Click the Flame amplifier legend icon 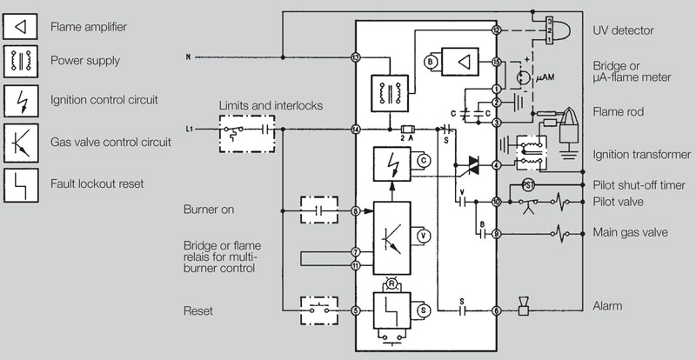[x=21, y=27]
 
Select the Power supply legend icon [x=21, y=62]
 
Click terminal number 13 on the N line [x=355, y=58]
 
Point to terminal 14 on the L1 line [x=355, y=130]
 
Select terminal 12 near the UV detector [x=496, y=30]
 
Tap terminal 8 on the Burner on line [x=355, y=211]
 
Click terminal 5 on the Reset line [x=355, y=310]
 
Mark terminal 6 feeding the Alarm [x=496, y=310]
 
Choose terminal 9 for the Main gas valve [x=496, y=234]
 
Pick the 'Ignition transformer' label [x=634, y=155]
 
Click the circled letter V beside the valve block [x=424, y=235]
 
